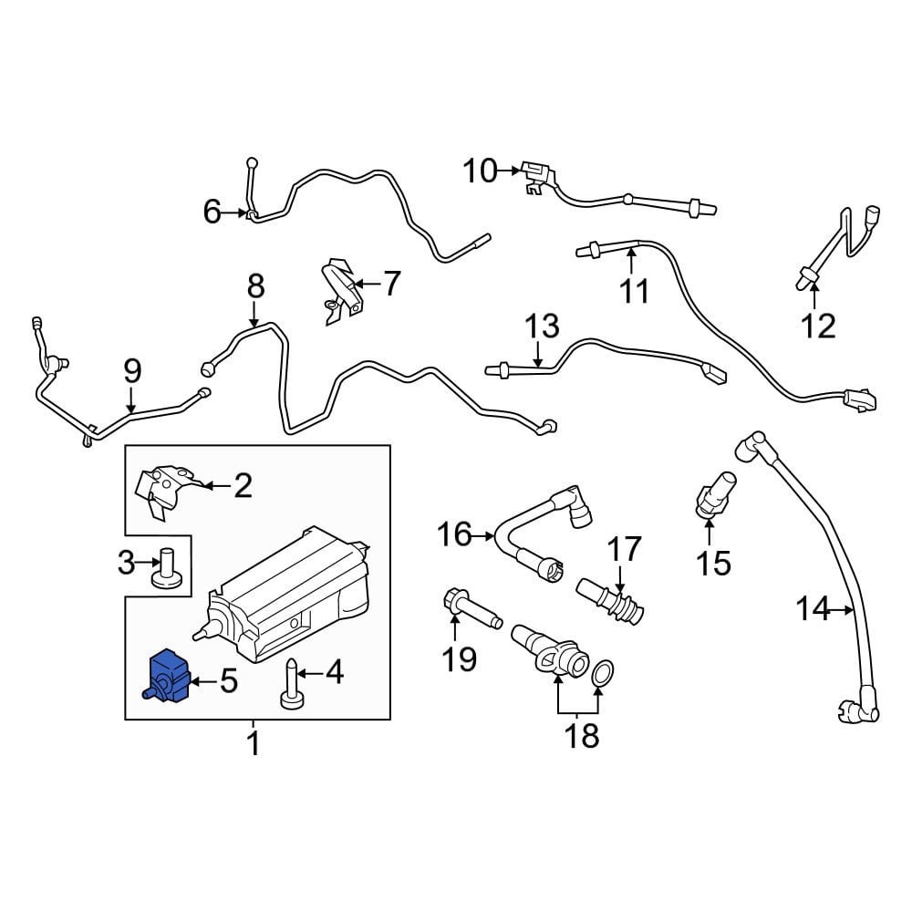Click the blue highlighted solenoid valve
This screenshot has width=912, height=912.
(x=168, y=677)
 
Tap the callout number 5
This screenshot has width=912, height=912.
(x=229, y=680)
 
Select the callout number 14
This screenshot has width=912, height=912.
(x=814, y=609)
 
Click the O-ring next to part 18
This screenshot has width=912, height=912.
(x=604, y=674)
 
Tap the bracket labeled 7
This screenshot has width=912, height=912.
(x=342, y=291)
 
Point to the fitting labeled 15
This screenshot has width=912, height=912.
(x=715, y=495)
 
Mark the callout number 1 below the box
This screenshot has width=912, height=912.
(x=253, y=744)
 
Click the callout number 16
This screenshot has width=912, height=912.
(x=455, y=534)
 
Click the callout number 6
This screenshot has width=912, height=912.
(x=212, y=212)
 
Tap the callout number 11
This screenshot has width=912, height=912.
(x=634, y=291)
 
